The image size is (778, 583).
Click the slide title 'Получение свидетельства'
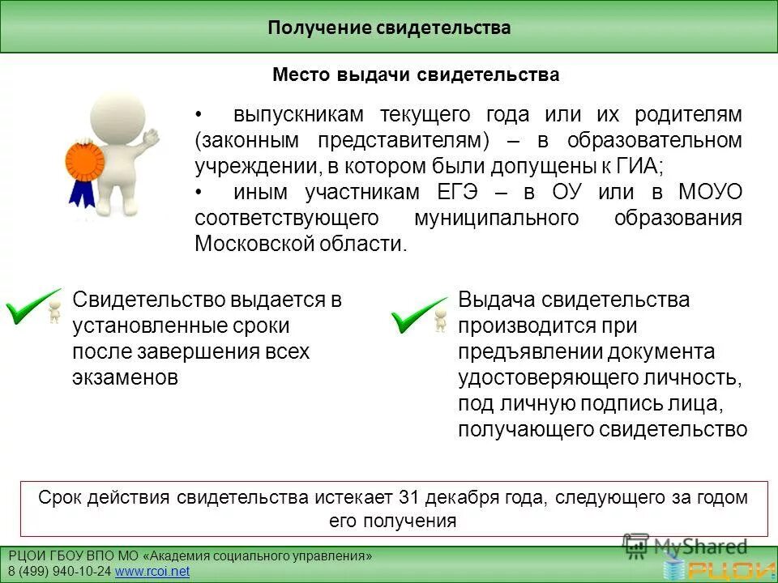(x=389, y=28)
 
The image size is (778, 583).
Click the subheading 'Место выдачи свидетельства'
(x=416, y=75)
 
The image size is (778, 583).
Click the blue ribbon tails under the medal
(x=83, y=193)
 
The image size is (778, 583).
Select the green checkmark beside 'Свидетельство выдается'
(x=32, y=308)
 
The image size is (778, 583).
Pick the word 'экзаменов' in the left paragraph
(x=125, y=377)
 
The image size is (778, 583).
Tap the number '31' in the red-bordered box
(x=411, y=497)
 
